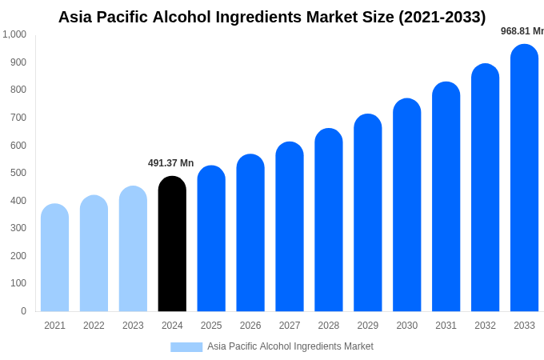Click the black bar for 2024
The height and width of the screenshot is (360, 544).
click(x=172, y=244)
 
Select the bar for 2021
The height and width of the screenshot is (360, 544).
click(x=54, y=258)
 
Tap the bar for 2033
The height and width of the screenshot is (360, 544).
click(x=524, y=178)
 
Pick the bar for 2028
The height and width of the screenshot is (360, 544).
click(x=328, y=220)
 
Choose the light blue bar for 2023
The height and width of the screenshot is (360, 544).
click(x=133, y=249)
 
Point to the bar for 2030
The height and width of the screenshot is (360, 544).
click(x=406, y=205)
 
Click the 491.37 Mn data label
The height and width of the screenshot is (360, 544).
click(x=170, y=163)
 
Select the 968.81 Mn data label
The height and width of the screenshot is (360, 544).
click(x=522, y=31)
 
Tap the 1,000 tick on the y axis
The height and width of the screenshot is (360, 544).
click(x=14, y=34)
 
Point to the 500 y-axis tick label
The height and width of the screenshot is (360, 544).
click(x=18, y=173)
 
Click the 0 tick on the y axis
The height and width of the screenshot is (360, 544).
click(x=23, y=311)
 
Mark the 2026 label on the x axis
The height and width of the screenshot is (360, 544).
click(x=250, y=326)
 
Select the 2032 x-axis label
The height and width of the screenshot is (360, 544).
click(x=485, y=326)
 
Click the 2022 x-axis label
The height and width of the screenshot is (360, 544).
click(x=94, y=326)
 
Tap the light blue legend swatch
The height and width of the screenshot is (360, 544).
click(x=186, y=347)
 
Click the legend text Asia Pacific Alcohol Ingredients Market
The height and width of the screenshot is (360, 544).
click(x=290, y=346)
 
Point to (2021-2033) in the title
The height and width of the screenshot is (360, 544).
click(x=442, y=17)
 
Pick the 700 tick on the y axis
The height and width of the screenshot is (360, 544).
click(x=18, y=118)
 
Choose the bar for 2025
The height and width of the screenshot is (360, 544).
click(x=211, y=238)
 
